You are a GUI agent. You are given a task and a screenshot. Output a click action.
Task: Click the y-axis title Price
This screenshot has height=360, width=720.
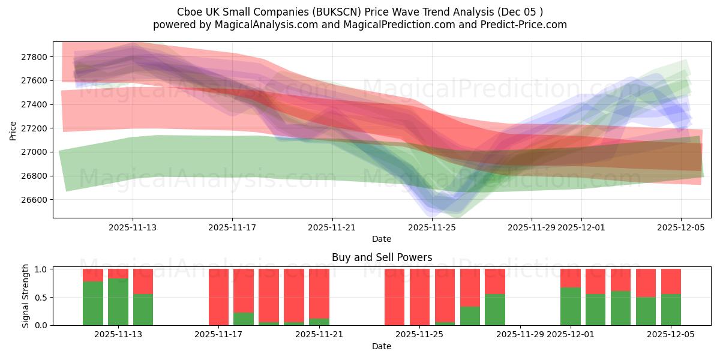coord(13,130)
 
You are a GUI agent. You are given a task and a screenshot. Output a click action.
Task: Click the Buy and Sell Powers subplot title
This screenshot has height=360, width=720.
coord(382,257)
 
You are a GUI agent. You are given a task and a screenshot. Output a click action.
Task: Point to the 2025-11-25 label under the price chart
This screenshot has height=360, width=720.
coord(432,227)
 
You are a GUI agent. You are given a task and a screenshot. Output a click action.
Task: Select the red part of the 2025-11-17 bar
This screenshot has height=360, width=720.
coord(218,296)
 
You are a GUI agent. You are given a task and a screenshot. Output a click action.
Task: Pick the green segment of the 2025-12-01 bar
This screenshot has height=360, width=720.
coord(570,306)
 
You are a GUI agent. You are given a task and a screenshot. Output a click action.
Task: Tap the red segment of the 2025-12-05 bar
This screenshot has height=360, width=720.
coord(671,281)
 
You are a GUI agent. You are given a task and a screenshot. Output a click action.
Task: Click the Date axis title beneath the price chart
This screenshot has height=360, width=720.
coord(382,239)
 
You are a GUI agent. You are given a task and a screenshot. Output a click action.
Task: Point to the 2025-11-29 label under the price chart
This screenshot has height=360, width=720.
coord(532,227)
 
